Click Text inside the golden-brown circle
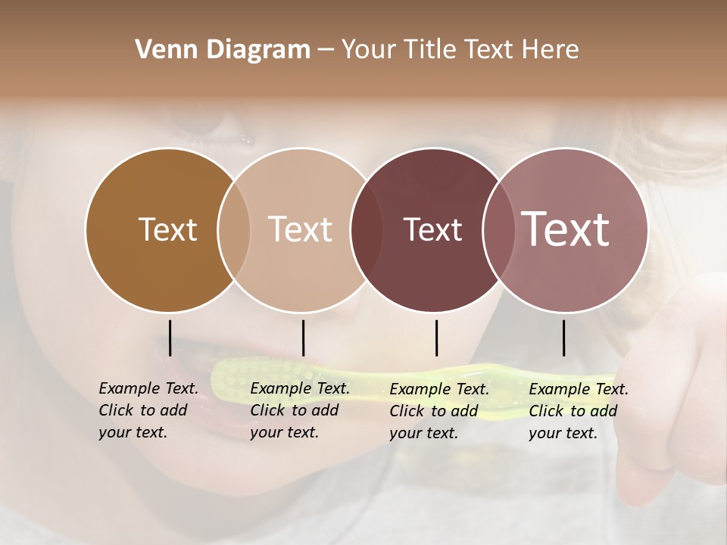click(x=167, y=229)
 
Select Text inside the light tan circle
click(x=300, y=229)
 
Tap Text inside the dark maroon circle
click(x=432, y=229)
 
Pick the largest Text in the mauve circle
click(x=565, y=229)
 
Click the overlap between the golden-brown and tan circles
click(x=234, y=229)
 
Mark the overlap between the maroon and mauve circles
click(x=497, y=229)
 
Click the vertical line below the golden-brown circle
click(x=170, y=338)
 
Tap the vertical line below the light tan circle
click(x=303, y=338)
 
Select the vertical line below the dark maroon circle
click(x=436, y=338)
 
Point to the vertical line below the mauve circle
click(x=563, y=338)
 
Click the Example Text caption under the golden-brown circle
click(x=148, y=410)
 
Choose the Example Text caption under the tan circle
click(x=300, y=410)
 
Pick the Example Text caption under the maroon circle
click(x=439, y=411)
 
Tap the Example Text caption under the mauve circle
click(x=579, y=411)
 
